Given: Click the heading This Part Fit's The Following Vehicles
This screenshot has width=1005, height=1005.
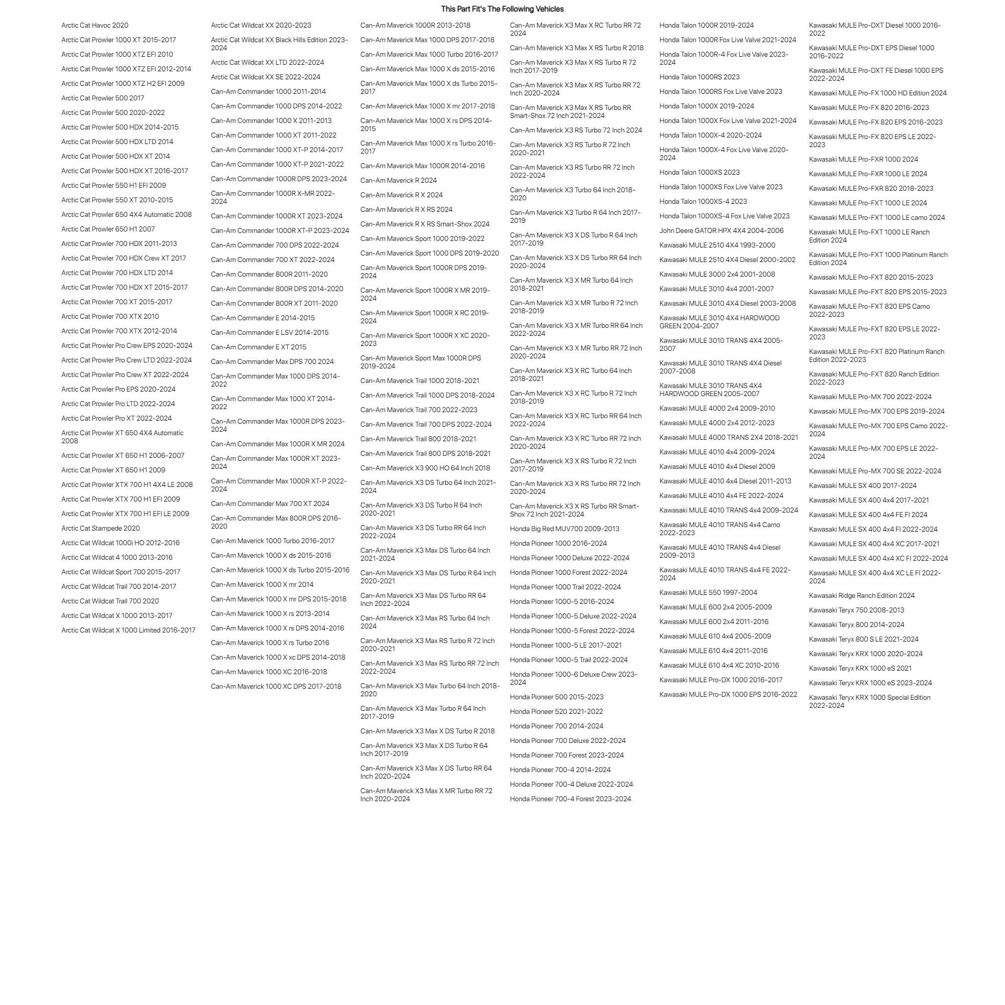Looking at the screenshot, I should click(x=502, y=9).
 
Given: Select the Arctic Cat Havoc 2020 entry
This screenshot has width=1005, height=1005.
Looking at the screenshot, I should click(x=95, y=25).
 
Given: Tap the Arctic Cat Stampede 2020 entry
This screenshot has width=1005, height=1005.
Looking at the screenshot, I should click(x=100, y=528).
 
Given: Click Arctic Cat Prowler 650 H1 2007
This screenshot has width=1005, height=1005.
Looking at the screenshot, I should click(x=107, y=229).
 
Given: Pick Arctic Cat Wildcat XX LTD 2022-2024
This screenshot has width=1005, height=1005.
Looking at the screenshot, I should click(x=268, y=62).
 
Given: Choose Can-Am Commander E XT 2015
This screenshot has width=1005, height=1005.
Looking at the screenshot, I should click(x=259, y=347).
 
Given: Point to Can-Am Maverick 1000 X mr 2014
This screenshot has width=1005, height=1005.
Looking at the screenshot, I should click(x=262, y=584).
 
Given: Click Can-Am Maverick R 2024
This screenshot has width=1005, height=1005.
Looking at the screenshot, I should click(x=399, y=181).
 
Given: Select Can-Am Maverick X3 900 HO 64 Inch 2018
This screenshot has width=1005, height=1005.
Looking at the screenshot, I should click(x=425, y=468).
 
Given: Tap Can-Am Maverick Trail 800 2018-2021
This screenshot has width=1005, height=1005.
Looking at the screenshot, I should click(x=418, y=439).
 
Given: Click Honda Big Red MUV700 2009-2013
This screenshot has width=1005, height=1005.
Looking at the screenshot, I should click(x=564, y=529).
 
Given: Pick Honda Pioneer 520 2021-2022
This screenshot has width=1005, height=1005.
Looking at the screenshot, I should click(x=556, y=712).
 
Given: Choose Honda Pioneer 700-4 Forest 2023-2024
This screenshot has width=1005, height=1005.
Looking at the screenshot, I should click(x=570, y=799).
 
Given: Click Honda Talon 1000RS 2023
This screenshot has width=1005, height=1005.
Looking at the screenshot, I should click(x=699, y=77).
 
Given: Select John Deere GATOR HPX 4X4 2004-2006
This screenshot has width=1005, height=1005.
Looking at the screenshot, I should click(x=721, y=230).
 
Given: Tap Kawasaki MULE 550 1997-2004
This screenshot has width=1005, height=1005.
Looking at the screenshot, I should click(x=708, y=592).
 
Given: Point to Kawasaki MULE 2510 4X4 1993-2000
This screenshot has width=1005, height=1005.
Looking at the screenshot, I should click(x=717, y=245).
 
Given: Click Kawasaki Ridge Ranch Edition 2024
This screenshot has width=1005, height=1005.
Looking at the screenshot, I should click(x=861, y=595).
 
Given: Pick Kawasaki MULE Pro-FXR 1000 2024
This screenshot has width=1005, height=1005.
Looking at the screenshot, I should click(x=863, y=159).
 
